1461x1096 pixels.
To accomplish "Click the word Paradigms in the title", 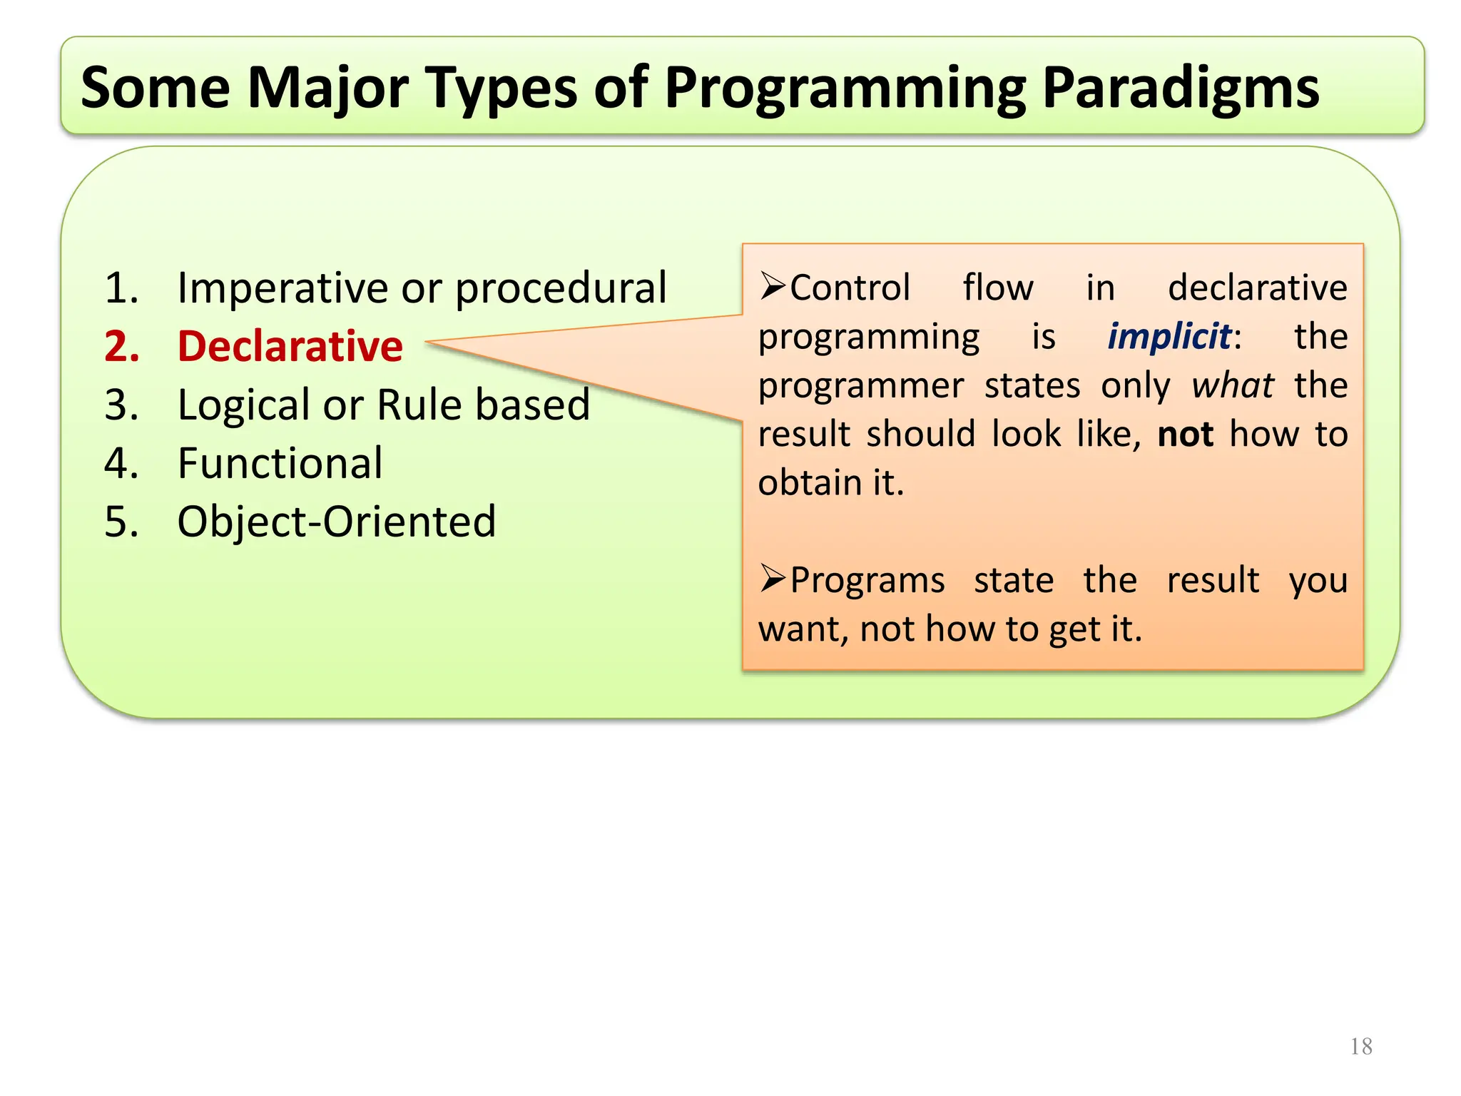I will (1181, 89).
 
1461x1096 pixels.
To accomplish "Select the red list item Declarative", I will (290, 347).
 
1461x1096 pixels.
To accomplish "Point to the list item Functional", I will (280, 464).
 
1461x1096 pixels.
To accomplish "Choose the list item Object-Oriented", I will (336, 522).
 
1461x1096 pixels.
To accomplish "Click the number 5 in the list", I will (118, 522).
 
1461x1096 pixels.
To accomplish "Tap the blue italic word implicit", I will (1169, 337).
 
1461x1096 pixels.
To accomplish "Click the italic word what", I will (1232, 386).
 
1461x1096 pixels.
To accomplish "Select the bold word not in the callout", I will (1185, 435).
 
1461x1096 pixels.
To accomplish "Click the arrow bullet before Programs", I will (772, 579).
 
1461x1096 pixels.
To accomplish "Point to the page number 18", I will (1361, 1047).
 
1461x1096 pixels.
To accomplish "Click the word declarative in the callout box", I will (1257, 288).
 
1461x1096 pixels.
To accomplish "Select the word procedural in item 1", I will (561, 288).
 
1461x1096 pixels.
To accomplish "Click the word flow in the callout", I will (997, 288).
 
